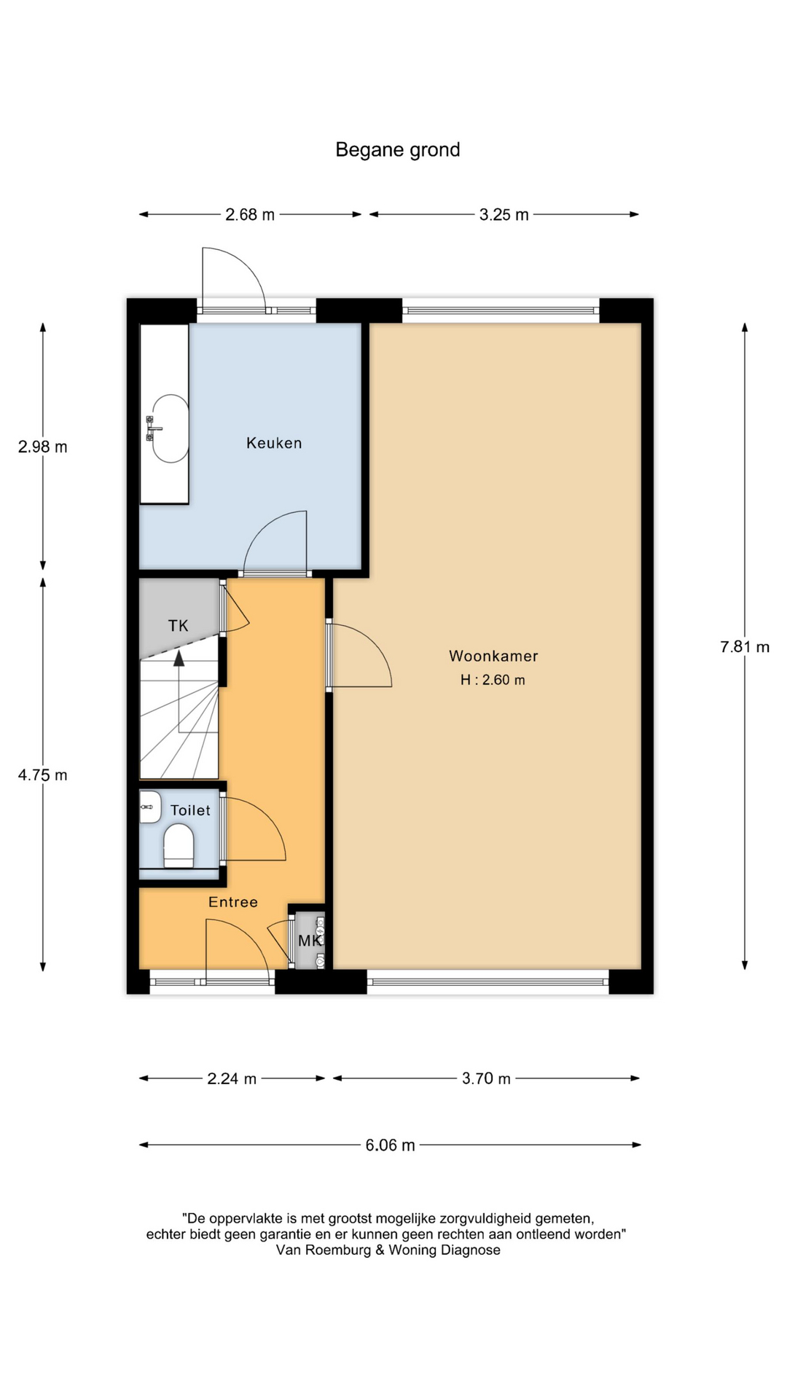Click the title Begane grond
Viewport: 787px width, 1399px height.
(397, 150)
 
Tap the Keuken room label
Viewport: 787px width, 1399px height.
(274, 443)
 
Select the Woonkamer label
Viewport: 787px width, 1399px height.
(493, 656)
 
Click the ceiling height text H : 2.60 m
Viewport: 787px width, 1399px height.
(493, 680)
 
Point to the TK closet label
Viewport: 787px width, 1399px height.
(179, 625)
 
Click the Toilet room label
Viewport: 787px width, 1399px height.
(190, 810)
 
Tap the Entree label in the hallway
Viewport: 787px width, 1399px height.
(233, 902)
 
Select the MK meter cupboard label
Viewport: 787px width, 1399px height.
(309, 941)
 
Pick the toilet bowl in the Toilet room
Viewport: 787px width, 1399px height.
(179, 845)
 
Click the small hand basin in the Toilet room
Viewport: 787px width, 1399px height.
(150, 807)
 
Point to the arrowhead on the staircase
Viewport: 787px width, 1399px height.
(179, 659)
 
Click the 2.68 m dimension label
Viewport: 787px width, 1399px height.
(250, 215)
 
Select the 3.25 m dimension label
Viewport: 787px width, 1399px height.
(504, 215)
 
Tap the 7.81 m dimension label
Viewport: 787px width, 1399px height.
(745, 647)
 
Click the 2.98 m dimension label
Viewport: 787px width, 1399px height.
(43, 447)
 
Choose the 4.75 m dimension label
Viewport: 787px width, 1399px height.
(43, 775)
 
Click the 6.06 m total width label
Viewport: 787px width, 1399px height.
(391, 1145)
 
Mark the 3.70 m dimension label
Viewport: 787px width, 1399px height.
(486, 1078)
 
